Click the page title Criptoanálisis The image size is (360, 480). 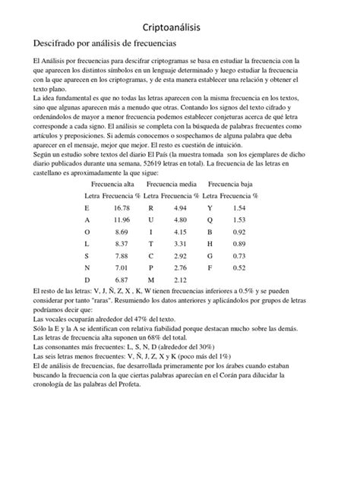coord(180,27)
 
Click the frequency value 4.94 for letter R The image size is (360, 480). coord(180,207)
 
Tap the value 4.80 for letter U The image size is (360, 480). coord(180,219)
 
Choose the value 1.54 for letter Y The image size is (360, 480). coord(239,207)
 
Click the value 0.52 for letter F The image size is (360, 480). coord(239,267)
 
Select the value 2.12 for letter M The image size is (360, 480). coord(180,279)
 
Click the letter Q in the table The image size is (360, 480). coord(210,219)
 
